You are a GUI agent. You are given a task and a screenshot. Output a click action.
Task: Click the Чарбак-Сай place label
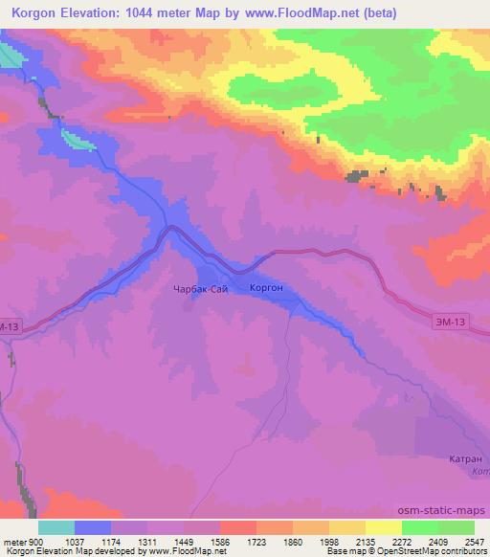click(x=200, y=287)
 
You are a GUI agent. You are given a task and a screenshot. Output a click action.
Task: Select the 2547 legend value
click(x=476, y=541)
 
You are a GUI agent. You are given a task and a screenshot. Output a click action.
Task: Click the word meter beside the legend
click(x=14, y=541)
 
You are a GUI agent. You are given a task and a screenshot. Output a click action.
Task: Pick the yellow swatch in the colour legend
click(x=383, y=527)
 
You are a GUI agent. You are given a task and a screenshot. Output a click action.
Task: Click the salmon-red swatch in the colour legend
click(x=237, y=527)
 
